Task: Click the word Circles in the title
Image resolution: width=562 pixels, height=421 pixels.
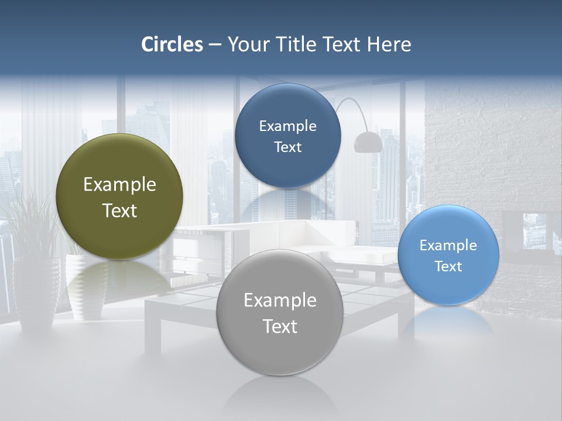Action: click(x=172, y=44)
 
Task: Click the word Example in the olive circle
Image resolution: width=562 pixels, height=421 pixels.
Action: click(x=119, y=185)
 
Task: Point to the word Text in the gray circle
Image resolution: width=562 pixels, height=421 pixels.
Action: click(x=280, y=326)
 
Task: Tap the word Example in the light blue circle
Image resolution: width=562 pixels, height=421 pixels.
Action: click(x=448, y=246)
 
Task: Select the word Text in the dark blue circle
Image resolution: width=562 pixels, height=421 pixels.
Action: click(x=287, y=147)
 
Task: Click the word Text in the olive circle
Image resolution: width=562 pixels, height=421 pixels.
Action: click(x=119, y=210)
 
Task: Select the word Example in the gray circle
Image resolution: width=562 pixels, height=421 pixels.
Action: click(x=280, y=301)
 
